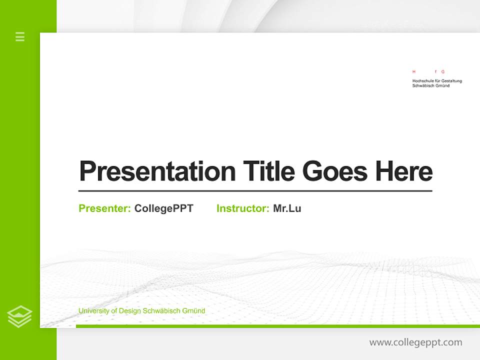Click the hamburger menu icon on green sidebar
coord(20,36)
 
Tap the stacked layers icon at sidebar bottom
coord(19,316)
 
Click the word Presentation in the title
coord(157,171)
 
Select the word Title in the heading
coord(268,171)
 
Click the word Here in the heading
coord(403,171)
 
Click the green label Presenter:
coord(104,208)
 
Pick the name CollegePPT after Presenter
coord(163,208)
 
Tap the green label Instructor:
coord(242,208)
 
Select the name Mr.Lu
coord(287,208)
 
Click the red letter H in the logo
coord(413,72)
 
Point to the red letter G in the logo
coord(442,72)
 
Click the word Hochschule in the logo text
coord(422,81)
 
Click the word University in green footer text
coord(93,311)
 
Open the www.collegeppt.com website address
coord(415,342)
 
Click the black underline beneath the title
coord(255,191)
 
